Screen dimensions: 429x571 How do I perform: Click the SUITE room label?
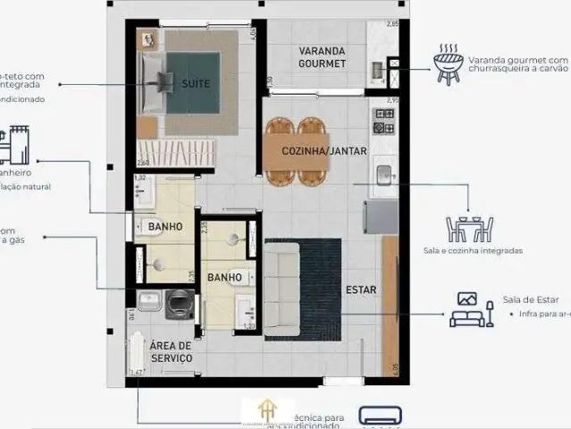[x=196, y=83]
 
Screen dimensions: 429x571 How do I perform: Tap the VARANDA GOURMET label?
[x=322, y=55]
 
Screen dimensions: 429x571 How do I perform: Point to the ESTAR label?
[x=360, y=290]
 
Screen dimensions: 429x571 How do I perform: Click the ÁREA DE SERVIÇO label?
[x=171, y=351]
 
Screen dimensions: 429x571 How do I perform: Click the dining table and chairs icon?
[x=469, y=228]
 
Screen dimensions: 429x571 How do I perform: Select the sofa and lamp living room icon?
[x=473, y=310]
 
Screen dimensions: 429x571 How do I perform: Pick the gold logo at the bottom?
[x=265, y=410]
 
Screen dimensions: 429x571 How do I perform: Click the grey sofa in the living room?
[x=281, y=290]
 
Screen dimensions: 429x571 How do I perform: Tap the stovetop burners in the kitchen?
[x=384, y=121]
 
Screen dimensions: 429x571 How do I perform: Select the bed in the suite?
[x=183, y=84]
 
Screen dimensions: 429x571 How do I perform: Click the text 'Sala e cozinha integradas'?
[x=473, y=251]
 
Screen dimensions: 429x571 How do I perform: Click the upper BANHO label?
[x=165, y=227]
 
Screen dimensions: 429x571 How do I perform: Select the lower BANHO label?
[x=224, y=277]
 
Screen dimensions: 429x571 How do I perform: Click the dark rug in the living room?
[x=322, y=290]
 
